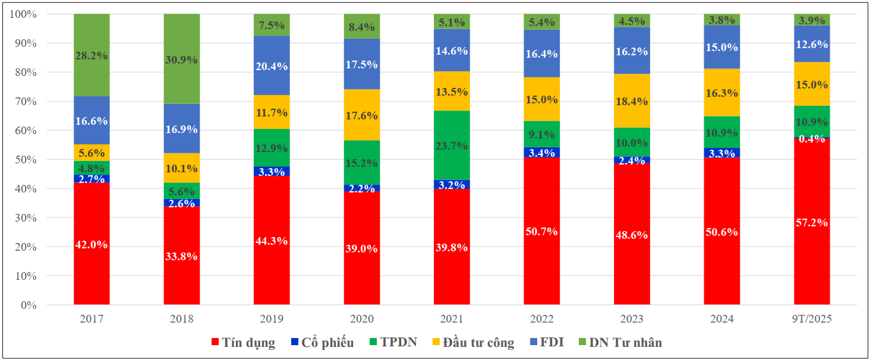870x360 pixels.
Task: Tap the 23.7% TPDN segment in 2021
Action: (x=452, y=146)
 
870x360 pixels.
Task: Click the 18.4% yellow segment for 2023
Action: (x=632, y=101)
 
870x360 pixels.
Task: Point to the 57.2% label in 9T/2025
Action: (x=812, y=223)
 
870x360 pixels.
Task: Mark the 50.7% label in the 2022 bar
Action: (x=542, y=232)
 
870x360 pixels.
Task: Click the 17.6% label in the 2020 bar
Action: (x=362, y=116)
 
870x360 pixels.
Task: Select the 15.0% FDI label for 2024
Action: (x=722, y=48)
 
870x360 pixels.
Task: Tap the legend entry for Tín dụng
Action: (x=243, y=343)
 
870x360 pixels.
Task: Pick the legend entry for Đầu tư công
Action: (x=473, y=343)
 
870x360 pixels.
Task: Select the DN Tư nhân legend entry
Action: (x=620, y=343)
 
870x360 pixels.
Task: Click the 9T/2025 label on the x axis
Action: (x=812, y=320)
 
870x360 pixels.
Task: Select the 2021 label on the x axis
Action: (x=452, y=320)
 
